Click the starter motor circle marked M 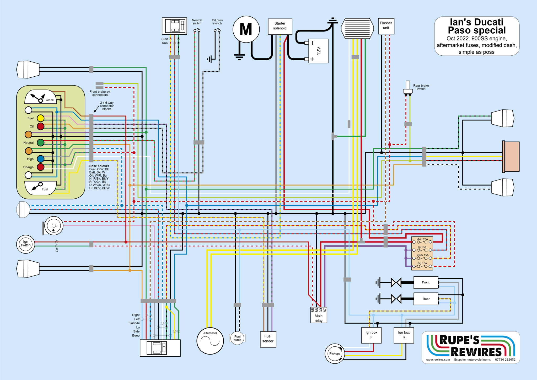(246, 29)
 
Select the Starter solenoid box (280, 26)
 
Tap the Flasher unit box (386, 26)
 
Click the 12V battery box (318, 51)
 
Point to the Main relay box (319, 318)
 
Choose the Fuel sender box (268, 339)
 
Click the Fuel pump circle (237, 338)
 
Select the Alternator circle (210, 341)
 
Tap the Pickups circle (335, 353)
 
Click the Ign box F (371, 335)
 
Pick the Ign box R (404, 335)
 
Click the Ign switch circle (25, 244)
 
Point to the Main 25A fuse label (422, 239)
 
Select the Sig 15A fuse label (422, 263)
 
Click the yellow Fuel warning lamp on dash (40, 118)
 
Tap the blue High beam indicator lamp (40, 159)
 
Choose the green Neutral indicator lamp (40, 142)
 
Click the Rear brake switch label (421, 87)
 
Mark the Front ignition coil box (426, 283)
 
